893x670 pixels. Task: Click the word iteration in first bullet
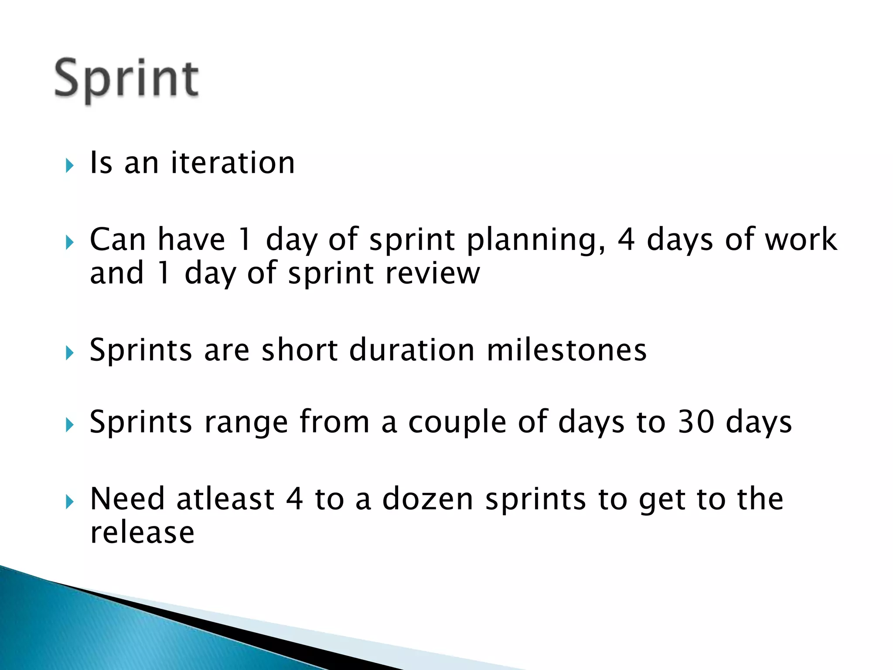coord(233,163)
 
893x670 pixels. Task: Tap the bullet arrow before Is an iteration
coord(70,165)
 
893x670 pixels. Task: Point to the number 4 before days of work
coord(626,239)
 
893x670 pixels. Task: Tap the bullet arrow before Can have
coord(70,242)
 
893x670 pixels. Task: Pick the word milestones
coord(566,350)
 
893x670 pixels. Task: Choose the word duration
coord(412,350)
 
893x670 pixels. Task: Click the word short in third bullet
coord(300,350)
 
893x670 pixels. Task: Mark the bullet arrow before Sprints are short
coord(70,352)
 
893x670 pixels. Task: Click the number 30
coord(696,422)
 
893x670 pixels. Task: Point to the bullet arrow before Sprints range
coord(70,424)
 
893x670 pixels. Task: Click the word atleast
coord(225,499)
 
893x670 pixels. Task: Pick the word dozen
coord(428,499)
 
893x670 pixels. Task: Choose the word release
coord(142,533)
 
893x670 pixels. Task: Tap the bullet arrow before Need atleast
coord(70,502)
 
